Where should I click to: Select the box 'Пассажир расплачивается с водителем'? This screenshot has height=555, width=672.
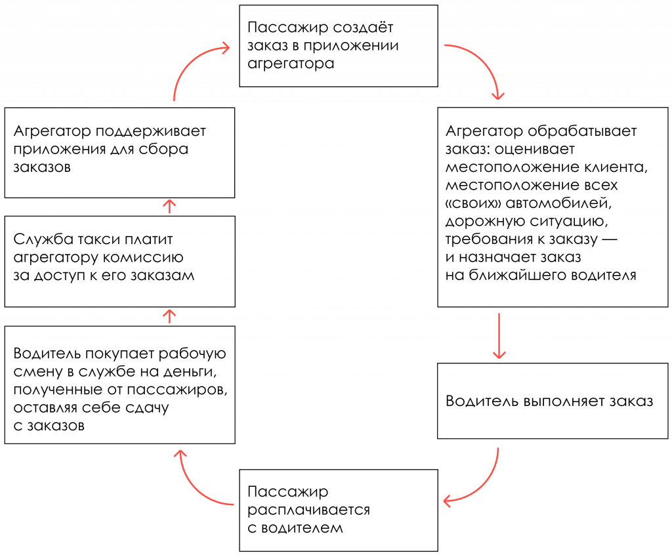tap(338, 510)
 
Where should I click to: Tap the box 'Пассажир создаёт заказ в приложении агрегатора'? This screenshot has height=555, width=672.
tap(338, 46)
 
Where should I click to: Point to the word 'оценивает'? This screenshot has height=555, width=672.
tap(537, 149)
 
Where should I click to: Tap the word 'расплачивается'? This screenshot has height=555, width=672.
tap(308, 510)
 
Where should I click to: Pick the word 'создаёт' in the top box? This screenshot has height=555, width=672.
tap(362, 28)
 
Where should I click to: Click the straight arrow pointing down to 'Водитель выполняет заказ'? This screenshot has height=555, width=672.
tap(499, 335)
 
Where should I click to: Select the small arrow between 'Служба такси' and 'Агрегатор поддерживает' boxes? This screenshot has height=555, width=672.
tap(169, 207)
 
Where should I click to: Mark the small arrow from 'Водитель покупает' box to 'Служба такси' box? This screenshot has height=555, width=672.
tap(169, 316)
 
